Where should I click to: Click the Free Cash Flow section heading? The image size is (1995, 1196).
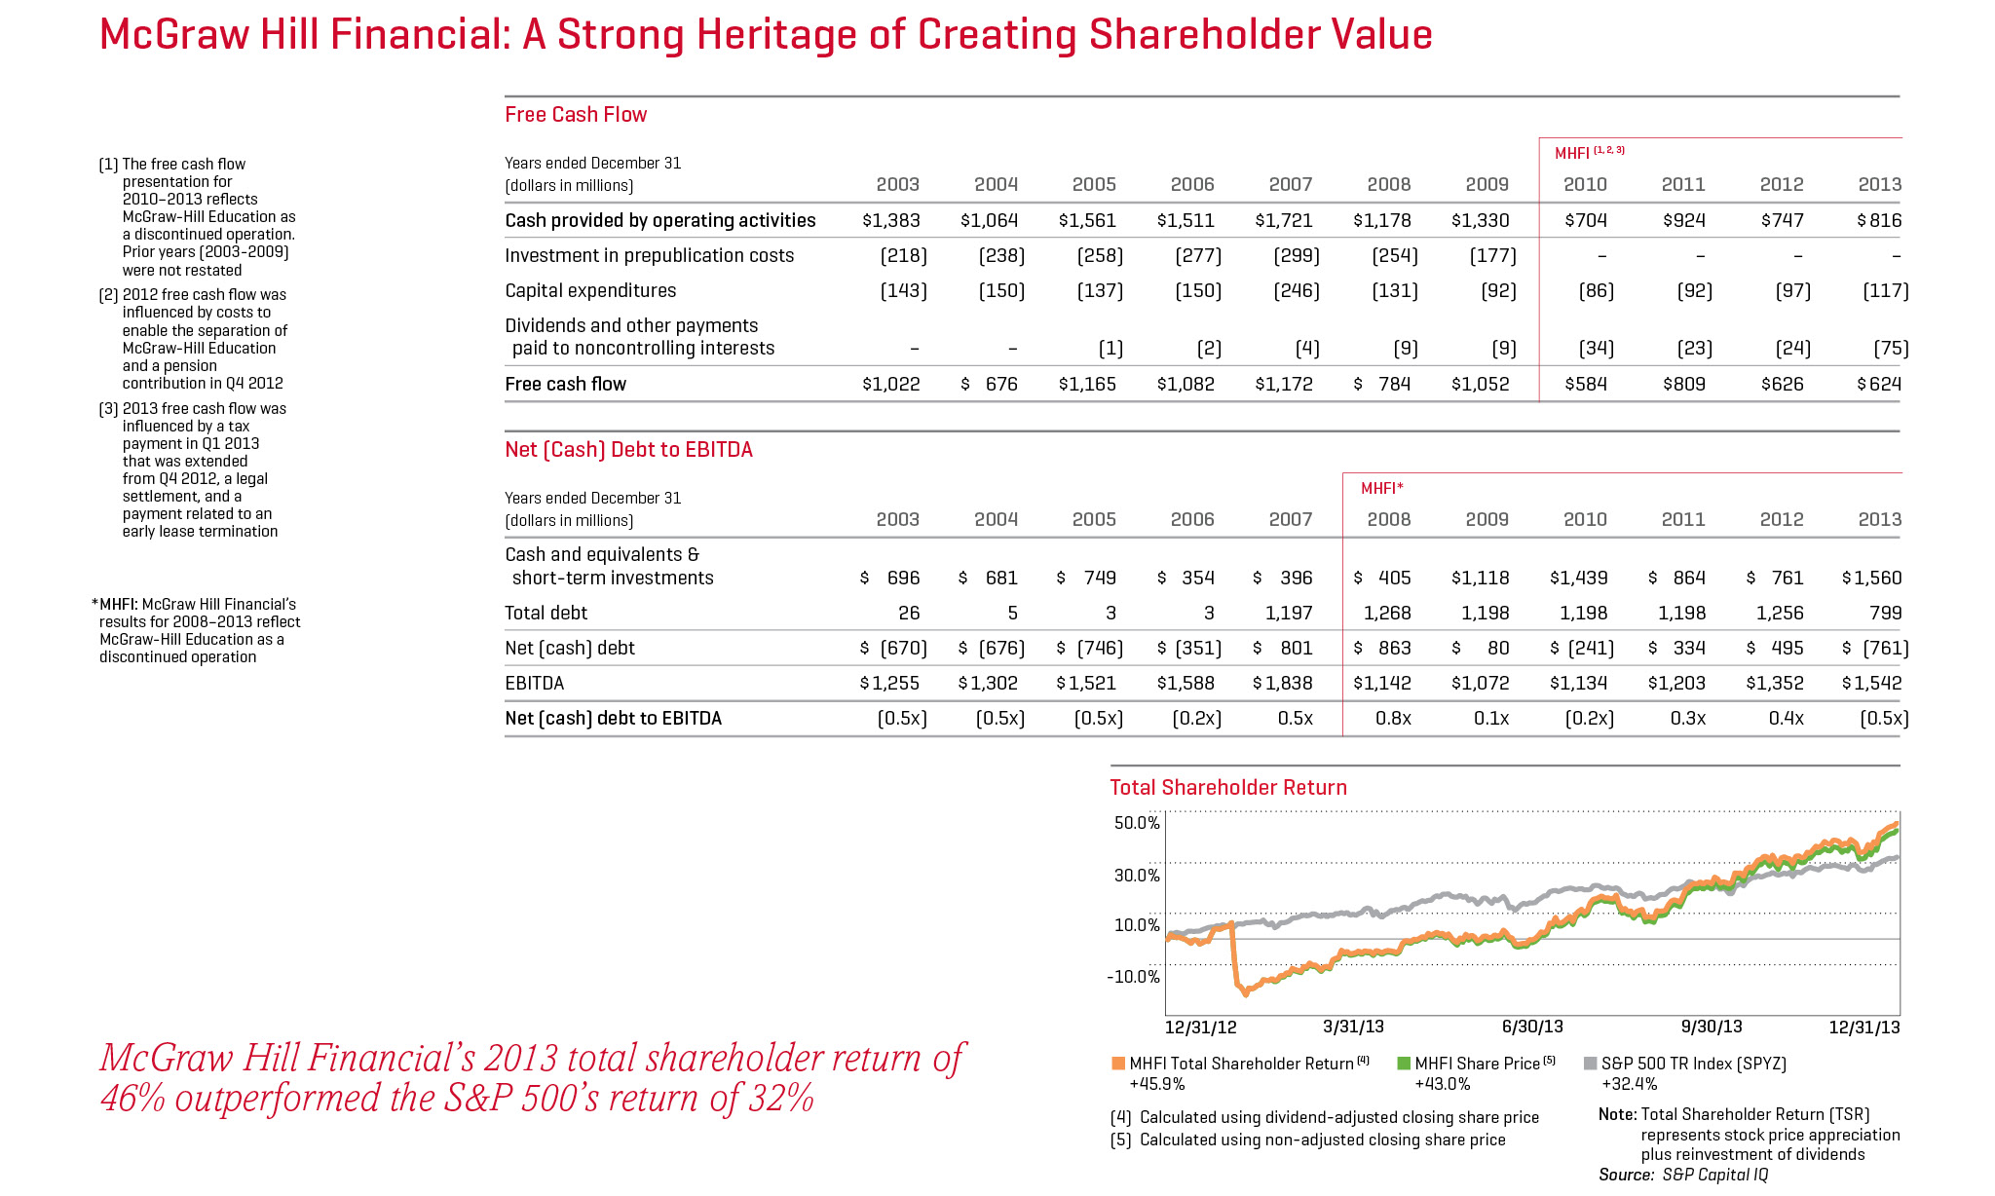point(576,115)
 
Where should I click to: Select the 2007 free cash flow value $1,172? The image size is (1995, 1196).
point(1284,384)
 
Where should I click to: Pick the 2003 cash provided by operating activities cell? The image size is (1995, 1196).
point(890,220)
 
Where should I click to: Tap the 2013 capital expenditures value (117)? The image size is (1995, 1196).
point(1885,290)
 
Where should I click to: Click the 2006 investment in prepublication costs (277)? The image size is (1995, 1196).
point(1197,255)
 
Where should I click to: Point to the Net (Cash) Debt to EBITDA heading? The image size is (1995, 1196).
point(628,450)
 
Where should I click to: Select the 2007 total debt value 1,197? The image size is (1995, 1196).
point(1288,613)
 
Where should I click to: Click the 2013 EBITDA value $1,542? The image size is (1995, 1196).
point(1871,683)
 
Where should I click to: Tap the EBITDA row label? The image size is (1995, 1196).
point(534,683)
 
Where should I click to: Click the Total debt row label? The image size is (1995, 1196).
point(546,613)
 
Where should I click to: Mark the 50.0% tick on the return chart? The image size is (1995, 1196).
point(1137,823)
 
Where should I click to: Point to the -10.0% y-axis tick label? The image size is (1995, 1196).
point(1134,977)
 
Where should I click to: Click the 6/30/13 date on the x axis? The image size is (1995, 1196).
point(1532,1027)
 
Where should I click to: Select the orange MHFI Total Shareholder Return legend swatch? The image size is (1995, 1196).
point(1118,1064)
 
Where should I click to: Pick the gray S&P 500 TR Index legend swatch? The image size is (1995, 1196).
point(1591,1064)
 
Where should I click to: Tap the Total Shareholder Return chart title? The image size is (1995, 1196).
point(1228,788)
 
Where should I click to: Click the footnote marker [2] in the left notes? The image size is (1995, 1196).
point(109,295)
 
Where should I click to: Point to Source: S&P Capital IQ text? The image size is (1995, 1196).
point(1683,1175)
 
